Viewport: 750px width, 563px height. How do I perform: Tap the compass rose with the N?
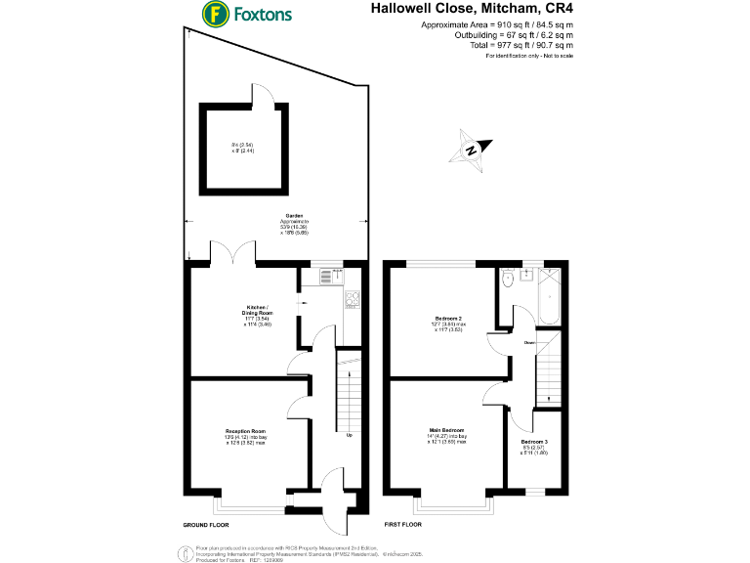click(472, 151)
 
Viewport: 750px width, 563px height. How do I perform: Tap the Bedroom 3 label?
click(534, 442)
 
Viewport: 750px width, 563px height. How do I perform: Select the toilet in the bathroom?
click(507, 278)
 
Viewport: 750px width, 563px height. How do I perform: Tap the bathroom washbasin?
click(527, 275)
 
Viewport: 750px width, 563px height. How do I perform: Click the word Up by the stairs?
click(349, 435)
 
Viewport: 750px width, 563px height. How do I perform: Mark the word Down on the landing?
click(528, 342)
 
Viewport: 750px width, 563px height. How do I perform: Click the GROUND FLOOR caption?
click(207, 525)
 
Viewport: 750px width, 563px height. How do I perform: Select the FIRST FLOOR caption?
click(404, 525)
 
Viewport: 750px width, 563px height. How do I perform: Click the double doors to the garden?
click(234, 252)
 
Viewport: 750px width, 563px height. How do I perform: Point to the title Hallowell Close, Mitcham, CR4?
click(472, 9)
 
